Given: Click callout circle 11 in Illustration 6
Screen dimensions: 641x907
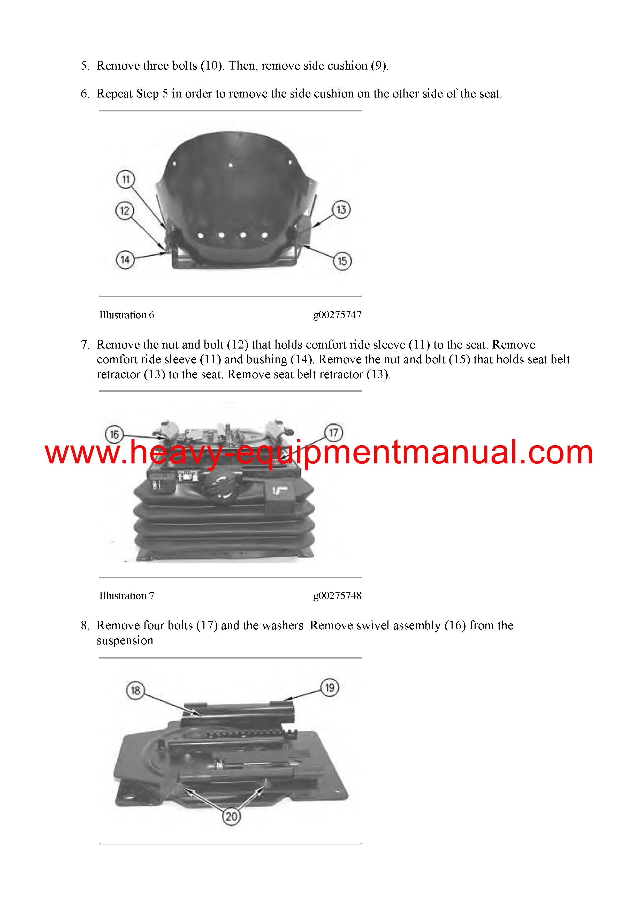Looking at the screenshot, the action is [x=126, y=180].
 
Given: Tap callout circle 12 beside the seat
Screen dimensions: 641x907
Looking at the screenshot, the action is [x=125, y=210].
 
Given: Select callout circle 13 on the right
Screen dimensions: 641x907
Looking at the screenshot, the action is [x=341, y=209].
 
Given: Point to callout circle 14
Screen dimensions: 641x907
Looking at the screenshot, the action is [x=125, y=260].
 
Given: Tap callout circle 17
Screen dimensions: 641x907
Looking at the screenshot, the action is [x=334, y=433].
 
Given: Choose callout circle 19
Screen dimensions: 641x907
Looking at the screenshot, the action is [x=330, y=688].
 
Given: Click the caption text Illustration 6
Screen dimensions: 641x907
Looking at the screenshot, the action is [x=127, y=315].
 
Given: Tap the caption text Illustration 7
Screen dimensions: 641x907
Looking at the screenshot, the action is [x=127, y=596].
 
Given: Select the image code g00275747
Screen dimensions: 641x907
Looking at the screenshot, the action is [x=337, y=315].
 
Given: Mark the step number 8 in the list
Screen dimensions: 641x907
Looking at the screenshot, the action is [x=85, y=625].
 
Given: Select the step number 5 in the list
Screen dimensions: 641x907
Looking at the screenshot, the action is [x=85, y=66].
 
